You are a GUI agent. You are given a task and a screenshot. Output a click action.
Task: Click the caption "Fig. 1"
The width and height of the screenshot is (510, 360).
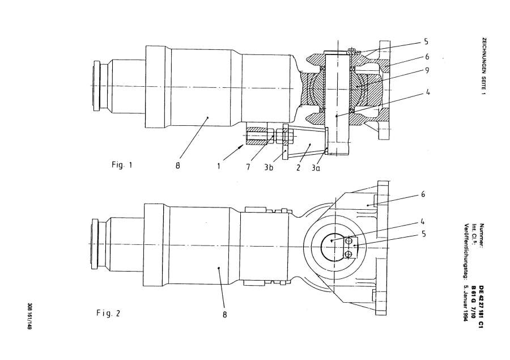pos(122,165)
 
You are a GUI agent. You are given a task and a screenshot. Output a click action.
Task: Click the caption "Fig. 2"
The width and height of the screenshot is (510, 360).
pos(108,313)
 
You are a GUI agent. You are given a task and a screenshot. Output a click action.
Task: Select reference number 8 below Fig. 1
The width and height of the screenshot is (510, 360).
pos(177,166)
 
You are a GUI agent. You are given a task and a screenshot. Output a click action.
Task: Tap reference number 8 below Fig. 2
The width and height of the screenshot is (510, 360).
pos(225,315)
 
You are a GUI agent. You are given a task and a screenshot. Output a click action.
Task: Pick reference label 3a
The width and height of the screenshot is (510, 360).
pos(316,168)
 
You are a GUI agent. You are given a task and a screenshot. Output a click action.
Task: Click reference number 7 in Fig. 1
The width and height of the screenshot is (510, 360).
pos(248,167)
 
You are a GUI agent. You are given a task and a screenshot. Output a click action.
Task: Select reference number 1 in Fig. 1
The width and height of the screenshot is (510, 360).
pos(219,166)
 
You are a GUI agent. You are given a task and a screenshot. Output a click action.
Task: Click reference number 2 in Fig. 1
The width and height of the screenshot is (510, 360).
pos(298,168)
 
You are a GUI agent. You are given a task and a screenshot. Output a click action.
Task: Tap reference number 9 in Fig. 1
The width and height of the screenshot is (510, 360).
pos(427,70)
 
